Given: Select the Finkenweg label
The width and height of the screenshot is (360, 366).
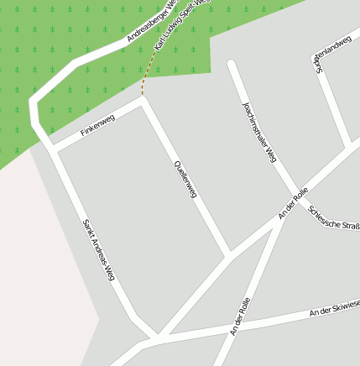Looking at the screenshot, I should click(x=97, y=125).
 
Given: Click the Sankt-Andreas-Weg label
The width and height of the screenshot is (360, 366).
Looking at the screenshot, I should click(x=98, y=249).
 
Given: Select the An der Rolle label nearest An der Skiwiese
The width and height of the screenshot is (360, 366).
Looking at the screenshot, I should click(x=240, y=316).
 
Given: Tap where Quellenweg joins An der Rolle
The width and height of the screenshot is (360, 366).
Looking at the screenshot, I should click(x=229, y=254).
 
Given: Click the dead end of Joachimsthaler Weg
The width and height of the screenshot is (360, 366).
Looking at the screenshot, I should click(x=232, y=64).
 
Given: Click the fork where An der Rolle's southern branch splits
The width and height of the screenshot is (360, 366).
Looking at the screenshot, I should click(x=283, y=217).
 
